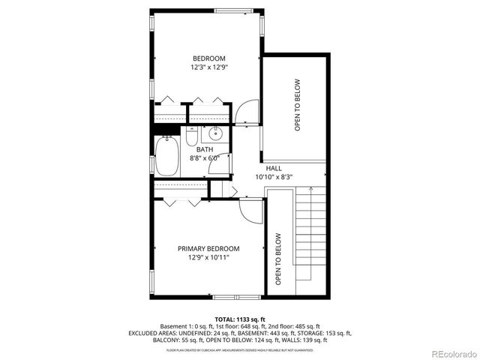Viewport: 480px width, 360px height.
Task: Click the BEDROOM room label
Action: tap(208, 58)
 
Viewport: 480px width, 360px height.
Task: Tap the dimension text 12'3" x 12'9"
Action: tap(208, 67)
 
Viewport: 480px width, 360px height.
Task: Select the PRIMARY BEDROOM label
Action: tap(208, 248)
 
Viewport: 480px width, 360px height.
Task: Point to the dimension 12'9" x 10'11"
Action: tap(208, 257)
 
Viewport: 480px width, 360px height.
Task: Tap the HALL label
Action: tap(273, 169)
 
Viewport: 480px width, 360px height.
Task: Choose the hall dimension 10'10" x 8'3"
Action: tap(273, 178)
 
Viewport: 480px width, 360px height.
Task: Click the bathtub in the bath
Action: tap(166, 157)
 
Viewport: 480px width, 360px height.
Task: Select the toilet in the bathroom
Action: tap(191, 137)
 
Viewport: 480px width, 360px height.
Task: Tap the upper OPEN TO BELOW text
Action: tap(297, 105)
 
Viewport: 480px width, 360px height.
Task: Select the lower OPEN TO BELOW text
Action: tap(278, 259)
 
